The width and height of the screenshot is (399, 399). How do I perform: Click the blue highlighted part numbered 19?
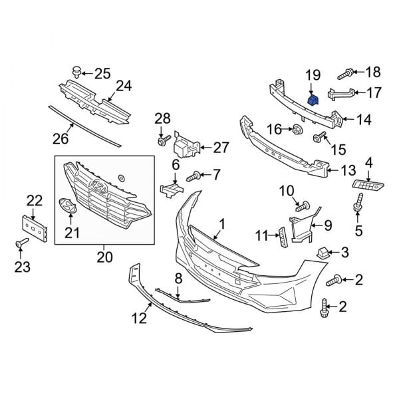[312, 100]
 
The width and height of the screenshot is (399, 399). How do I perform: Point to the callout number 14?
[364, 120]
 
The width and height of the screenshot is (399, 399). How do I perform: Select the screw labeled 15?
[318, 138]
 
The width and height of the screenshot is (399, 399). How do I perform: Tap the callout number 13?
[349, 170]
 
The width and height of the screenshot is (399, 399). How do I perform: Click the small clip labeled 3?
[324, 251]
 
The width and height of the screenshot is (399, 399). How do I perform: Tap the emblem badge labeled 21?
[68, 207]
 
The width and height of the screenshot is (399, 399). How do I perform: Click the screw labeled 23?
[21, 246]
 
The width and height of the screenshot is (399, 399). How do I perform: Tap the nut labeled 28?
[162, 140]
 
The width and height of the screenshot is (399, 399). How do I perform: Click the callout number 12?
[138, 319]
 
